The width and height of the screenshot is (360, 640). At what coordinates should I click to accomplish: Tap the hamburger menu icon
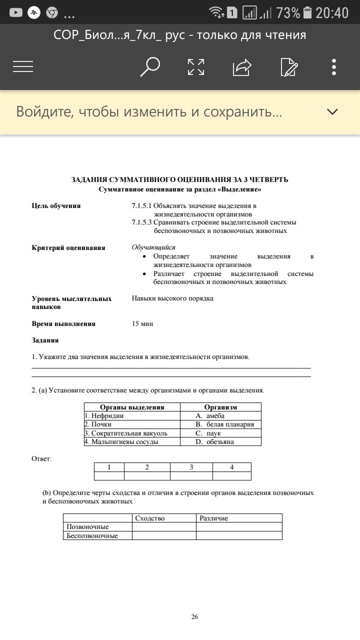click(x=23, y=66)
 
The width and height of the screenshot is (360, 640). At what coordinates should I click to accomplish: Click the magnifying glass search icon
click(x=149, y=66)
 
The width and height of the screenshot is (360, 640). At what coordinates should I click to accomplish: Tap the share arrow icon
click(x=241, y=67)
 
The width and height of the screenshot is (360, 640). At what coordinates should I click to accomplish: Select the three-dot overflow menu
click(x=334, y=67)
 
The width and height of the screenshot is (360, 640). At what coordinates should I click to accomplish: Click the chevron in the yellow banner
click(x=332, y=111)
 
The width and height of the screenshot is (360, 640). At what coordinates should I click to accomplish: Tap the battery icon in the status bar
click(x=307, y=12)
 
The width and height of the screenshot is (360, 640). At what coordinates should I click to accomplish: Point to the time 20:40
click(x=332, y=12)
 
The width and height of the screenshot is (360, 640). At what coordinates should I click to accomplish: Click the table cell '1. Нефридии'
click(x=132, y=415)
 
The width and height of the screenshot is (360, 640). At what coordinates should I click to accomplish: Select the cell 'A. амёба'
click(x=220, y=415)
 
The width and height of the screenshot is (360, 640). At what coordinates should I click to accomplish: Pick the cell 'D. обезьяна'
click(x=220, y=441)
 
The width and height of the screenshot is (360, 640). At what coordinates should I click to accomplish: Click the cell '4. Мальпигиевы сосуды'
click(x=132, y=441)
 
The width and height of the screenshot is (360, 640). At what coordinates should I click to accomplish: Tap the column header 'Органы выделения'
click(x=132, y=407)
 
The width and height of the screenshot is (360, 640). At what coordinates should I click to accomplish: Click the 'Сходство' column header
click(x=164, y=518)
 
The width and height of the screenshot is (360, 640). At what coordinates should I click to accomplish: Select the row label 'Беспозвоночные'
click(x=97, y=535)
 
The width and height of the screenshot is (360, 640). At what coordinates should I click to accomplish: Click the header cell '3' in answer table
click(x=191, y=467)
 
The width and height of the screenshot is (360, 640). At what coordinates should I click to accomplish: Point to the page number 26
click(x=194, y=617)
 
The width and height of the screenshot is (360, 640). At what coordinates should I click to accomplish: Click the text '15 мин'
click(x=142, y=323)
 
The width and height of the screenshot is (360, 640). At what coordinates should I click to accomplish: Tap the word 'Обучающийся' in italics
click(x=153, y=247)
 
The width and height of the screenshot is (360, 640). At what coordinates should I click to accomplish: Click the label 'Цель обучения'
click(x=56, y=205)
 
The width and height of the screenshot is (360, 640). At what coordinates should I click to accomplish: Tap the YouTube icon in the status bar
click(x=16, y=12)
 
